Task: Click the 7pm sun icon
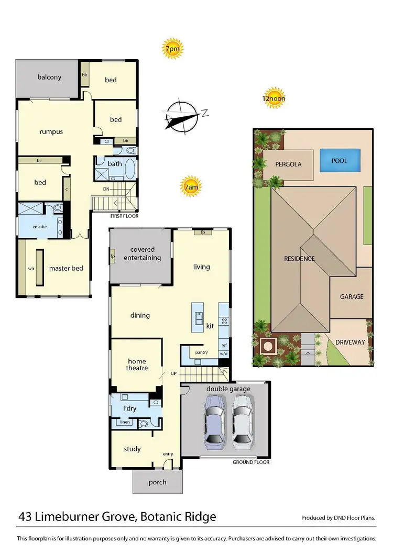[172, 49]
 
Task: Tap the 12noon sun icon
[274, 97]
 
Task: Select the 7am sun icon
[190, 186]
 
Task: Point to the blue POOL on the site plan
[340, 160]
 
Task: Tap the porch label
[157, 482]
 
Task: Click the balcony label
[49, 77]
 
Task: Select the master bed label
[66, 268]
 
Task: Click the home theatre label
[137, 364]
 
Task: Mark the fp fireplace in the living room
[202, 232]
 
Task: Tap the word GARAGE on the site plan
[352, 296]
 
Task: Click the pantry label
[195, 352]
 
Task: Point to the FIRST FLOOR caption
[124, 216]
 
